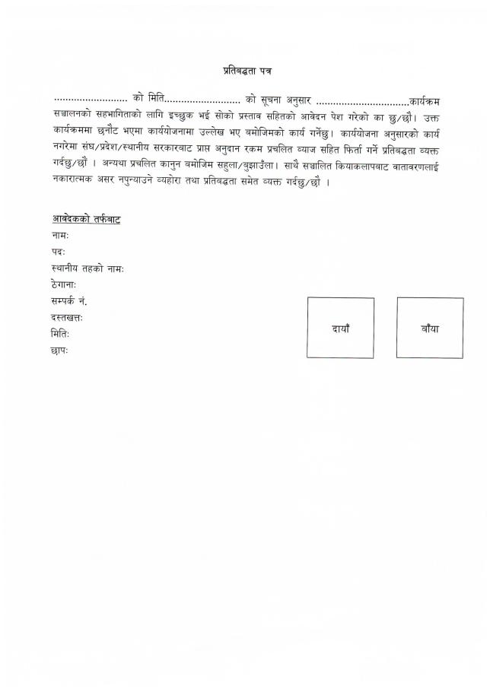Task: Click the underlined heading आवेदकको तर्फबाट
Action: (86, 220)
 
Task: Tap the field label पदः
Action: (59, 252)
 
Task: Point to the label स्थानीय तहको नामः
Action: (88, 269)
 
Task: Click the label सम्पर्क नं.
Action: (70, 302)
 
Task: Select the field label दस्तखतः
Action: (68, 318)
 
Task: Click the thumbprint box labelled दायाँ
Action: (340, 328)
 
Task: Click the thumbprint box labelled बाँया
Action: (429, 328)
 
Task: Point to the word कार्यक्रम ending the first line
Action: (425, 100)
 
